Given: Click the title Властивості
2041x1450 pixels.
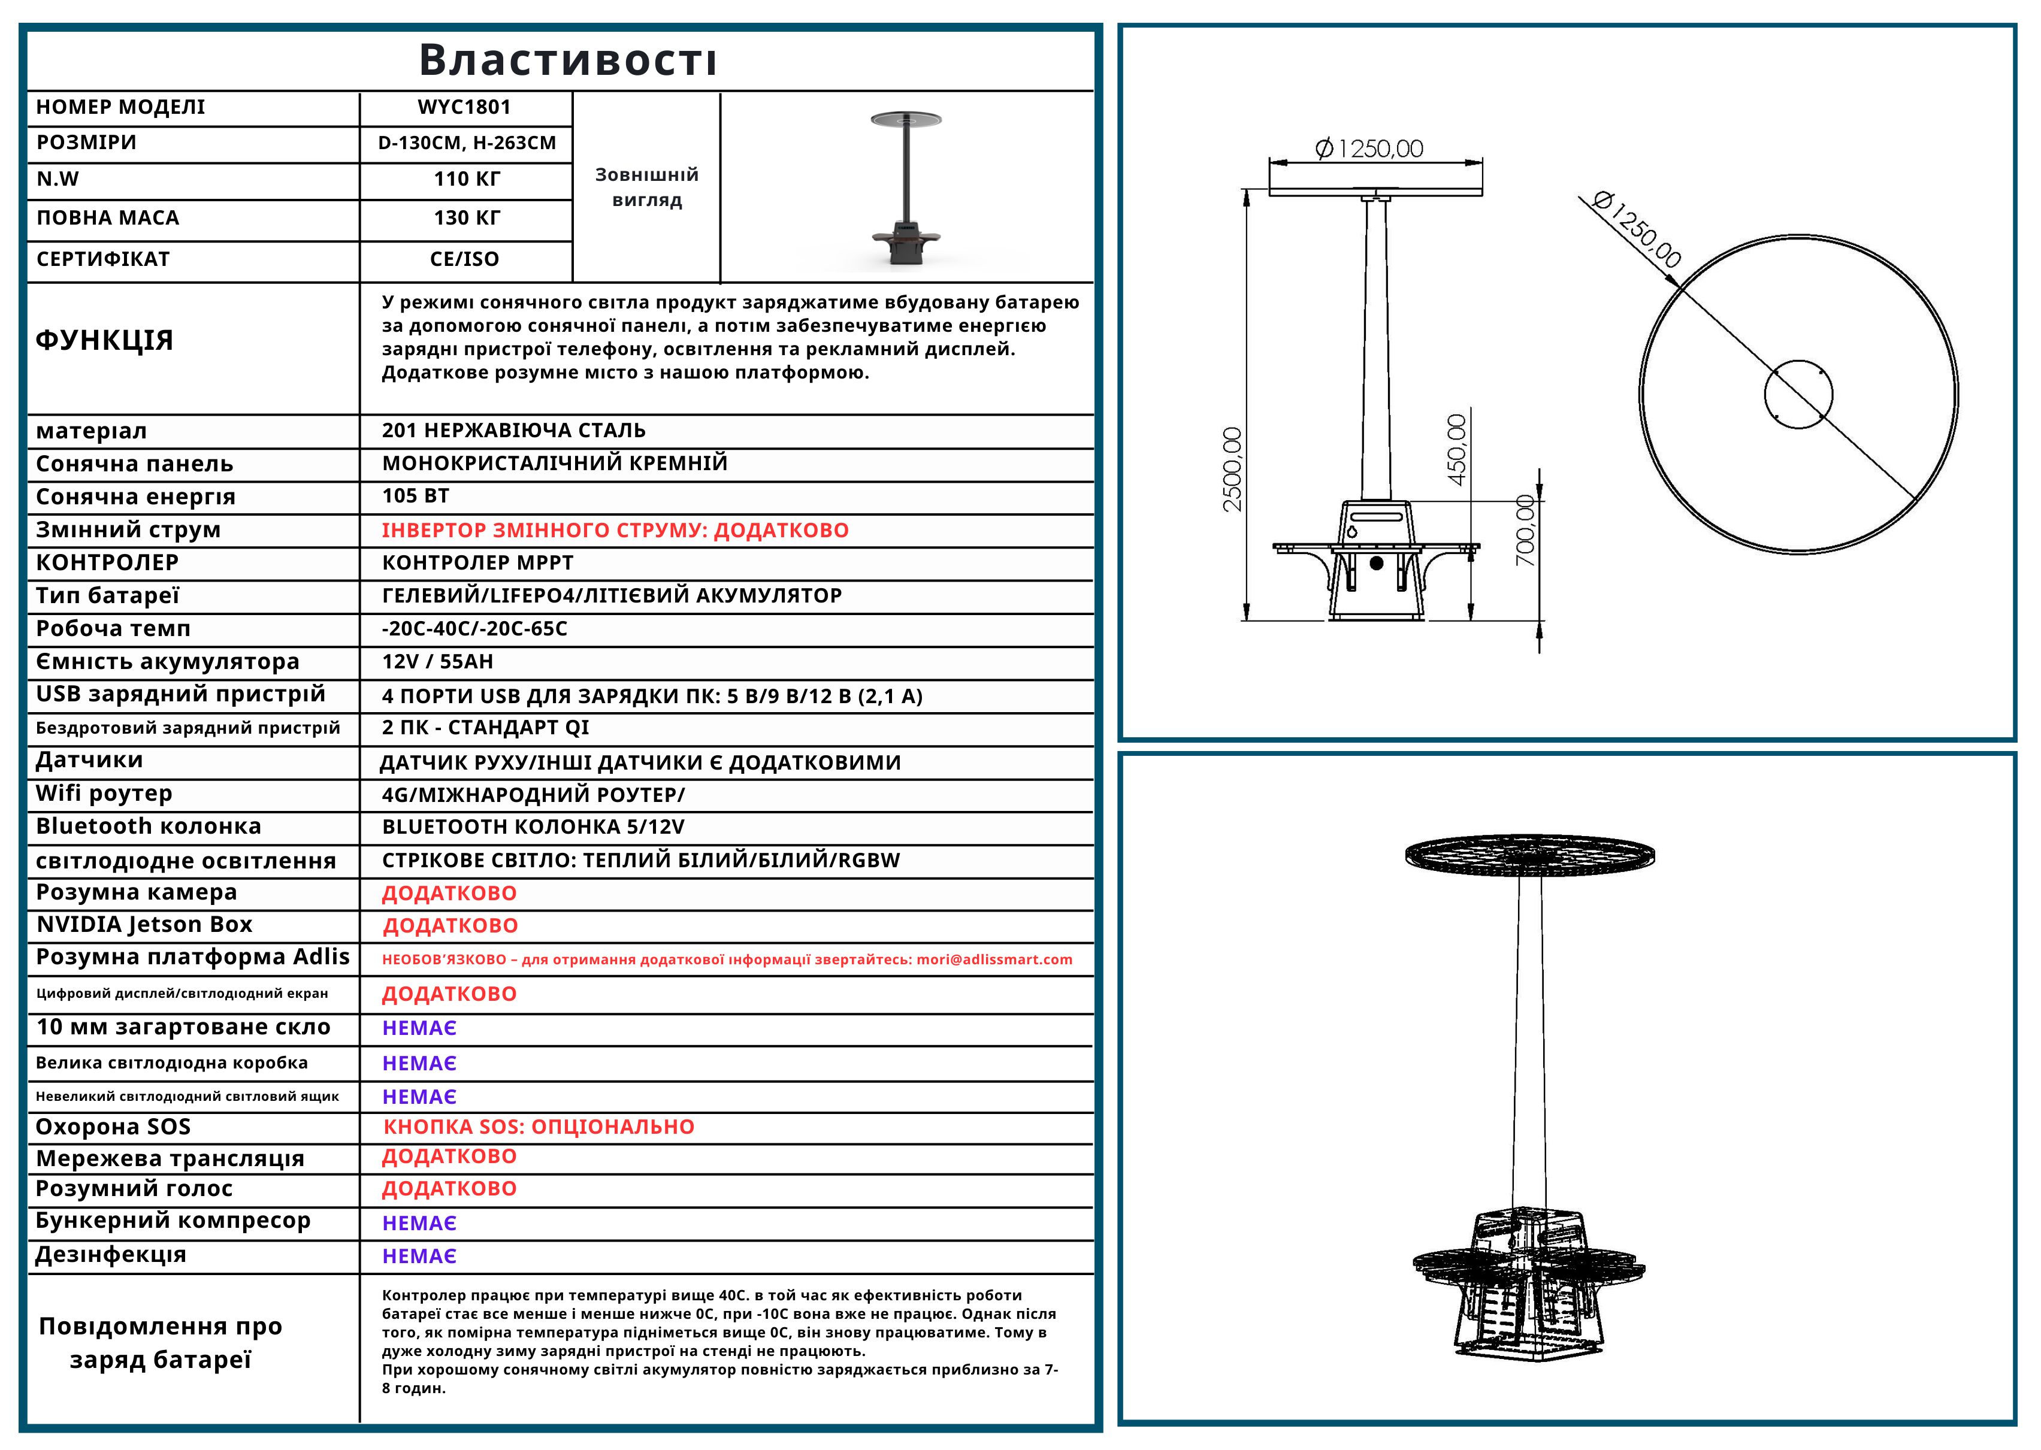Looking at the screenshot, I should pyautogui.click(x=568, y=60).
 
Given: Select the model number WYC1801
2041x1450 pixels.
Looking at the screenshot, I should pyautogui.click(x=464, y=107).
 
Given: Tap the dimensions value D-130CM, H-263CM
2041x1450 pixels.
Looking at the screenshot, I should pyautogui.click(x=466, y=143).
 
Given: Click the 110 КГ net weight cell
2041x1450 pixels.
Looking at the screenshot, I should pyautogui.click(x=466, y=180).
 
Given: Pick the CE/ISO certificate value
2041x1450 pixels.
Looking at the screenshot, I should pyautogui.click(x=464, y=259).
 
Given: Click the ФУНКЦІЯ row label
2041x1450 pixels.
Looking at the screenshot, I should pyautogui.click(x=104, y=340).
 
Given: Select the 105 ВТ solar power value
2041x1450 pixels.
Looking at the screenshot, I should pyautogui.click(x=415, y=495).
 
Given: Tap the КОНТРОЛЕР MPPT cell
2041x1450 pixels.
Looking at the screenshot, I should pyautogui.click(x=477, y=562).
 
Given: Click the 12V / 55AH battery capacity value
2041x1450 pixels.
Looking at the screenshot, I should pyautogui.click(x=437, y=662).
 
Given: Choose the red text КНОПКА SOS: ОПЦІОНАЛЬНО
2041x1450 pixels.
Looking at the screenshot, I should pyautogui.click(x=539, y=1127).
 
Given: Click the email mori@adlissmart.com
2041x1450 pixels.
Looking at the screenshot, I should pyautogui.click(x=994, y=960).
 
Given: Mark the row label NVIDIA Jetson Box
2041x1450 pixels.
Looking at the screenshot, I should pyautogui.click(x=144, y=924).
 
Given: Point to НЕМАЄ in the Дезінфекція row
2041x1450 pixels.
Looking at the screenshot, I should pyautogui.click(x=419, y=1257).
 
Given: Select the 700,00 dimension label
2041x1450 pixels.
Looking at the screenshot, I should pyautogui.click(x=1525, y=531).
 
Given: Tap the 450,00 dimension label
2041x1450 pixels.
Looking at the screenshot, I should pyautogui.click(x=1456, y=450).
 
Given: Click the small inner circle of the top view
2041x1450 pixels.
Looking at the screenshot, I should pyautogui.click(x=1798, y=393).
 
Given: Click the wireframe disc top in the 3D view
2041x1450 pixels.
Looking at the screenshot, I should pyautogui.click(x=1529, y=855).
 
